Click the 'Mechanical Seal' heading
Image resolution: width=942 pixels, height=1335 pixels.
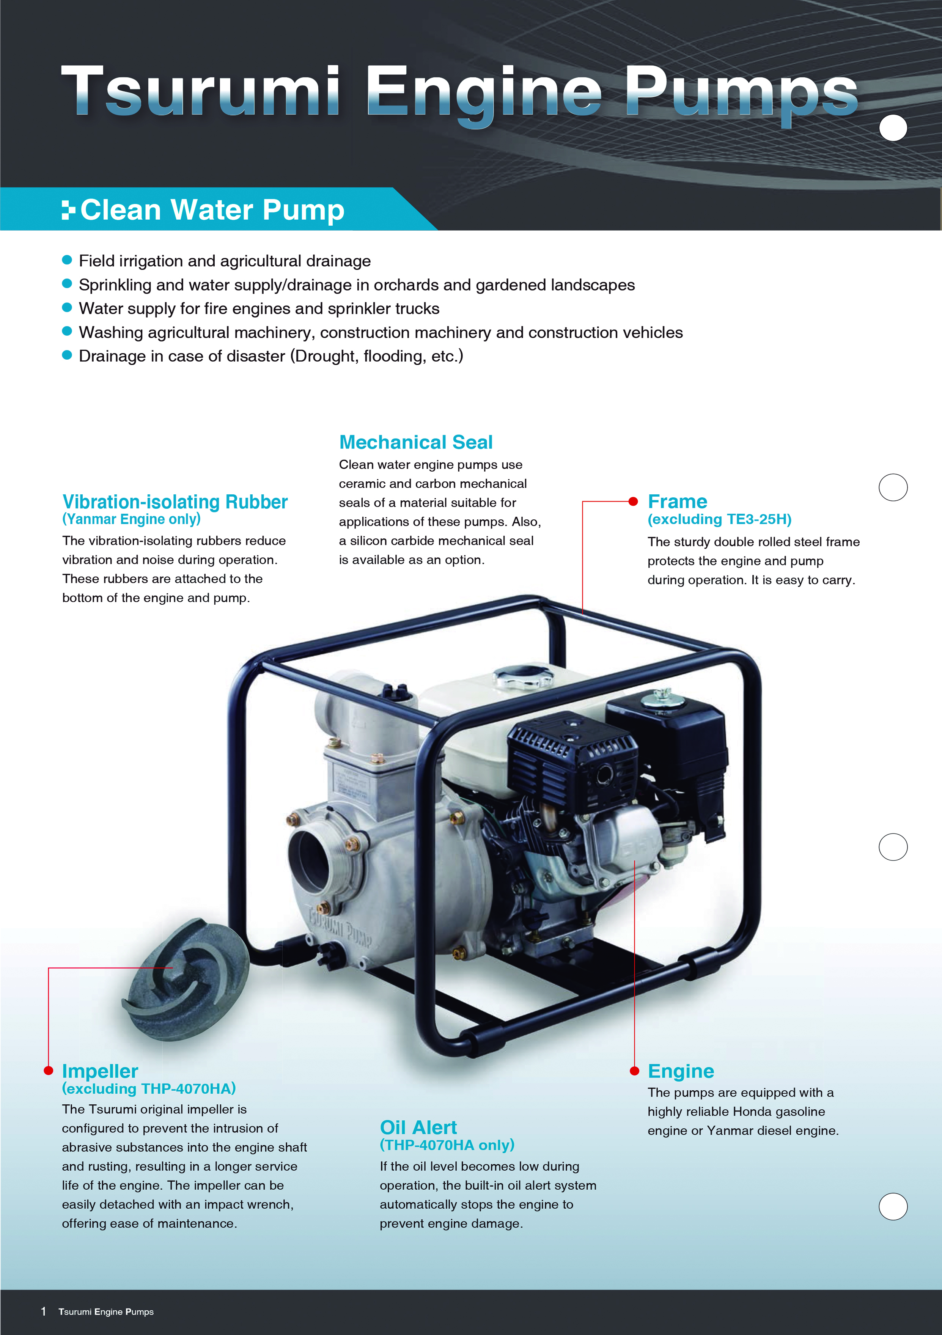click(416, 442)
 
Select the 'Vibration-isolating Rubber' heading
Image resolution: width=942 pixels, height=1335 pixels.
click(175, 502)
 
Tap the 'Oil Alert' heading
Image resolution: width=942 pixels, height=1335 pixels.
click(418, 1127)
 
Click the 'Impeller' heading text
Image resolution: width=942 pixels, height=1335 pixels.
click(100, 1071)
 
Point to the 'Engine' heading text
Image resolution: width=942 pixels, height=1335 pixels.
click(681, 1071)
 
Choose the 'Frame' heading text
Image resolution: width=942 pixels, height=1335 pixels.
click(678, 501)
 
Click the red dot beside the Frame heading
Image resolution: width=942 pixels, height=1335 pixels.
click(633, 501)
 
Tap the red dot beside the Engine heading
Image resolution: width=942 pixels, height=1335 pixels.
click(634, 1071)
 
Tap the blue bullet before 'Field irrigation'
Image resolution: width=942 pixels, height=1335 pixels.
click(67, 260)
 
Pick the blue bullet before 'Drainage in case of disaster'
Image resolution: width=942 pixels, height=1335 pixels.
click(67, 355)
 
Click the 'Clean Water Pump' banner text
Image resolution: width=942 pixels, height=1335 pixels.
click(212, 210)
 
